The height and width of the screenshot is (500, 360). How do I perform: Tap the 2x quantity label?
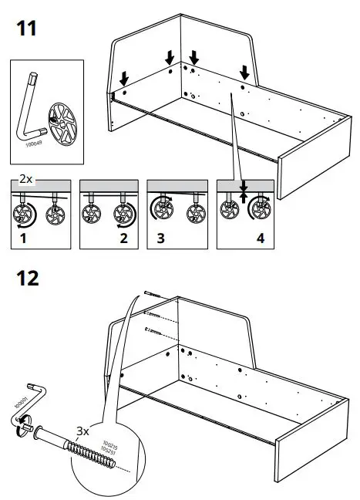pos(25,178)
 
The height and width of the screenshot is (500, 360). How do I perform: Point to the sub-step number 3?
pos(160,239)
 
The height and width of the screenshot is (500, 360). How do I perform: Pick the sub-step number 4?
pos(260,239)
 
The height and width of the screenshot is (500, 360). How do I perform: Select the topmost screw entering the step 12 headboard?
pos(150,295)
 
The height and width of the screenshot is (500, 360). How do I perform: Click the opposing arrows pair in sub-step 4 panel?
pos(244,190)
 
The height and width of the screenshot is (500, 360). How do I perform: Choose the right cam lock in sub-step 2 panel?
pos(120,214)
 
